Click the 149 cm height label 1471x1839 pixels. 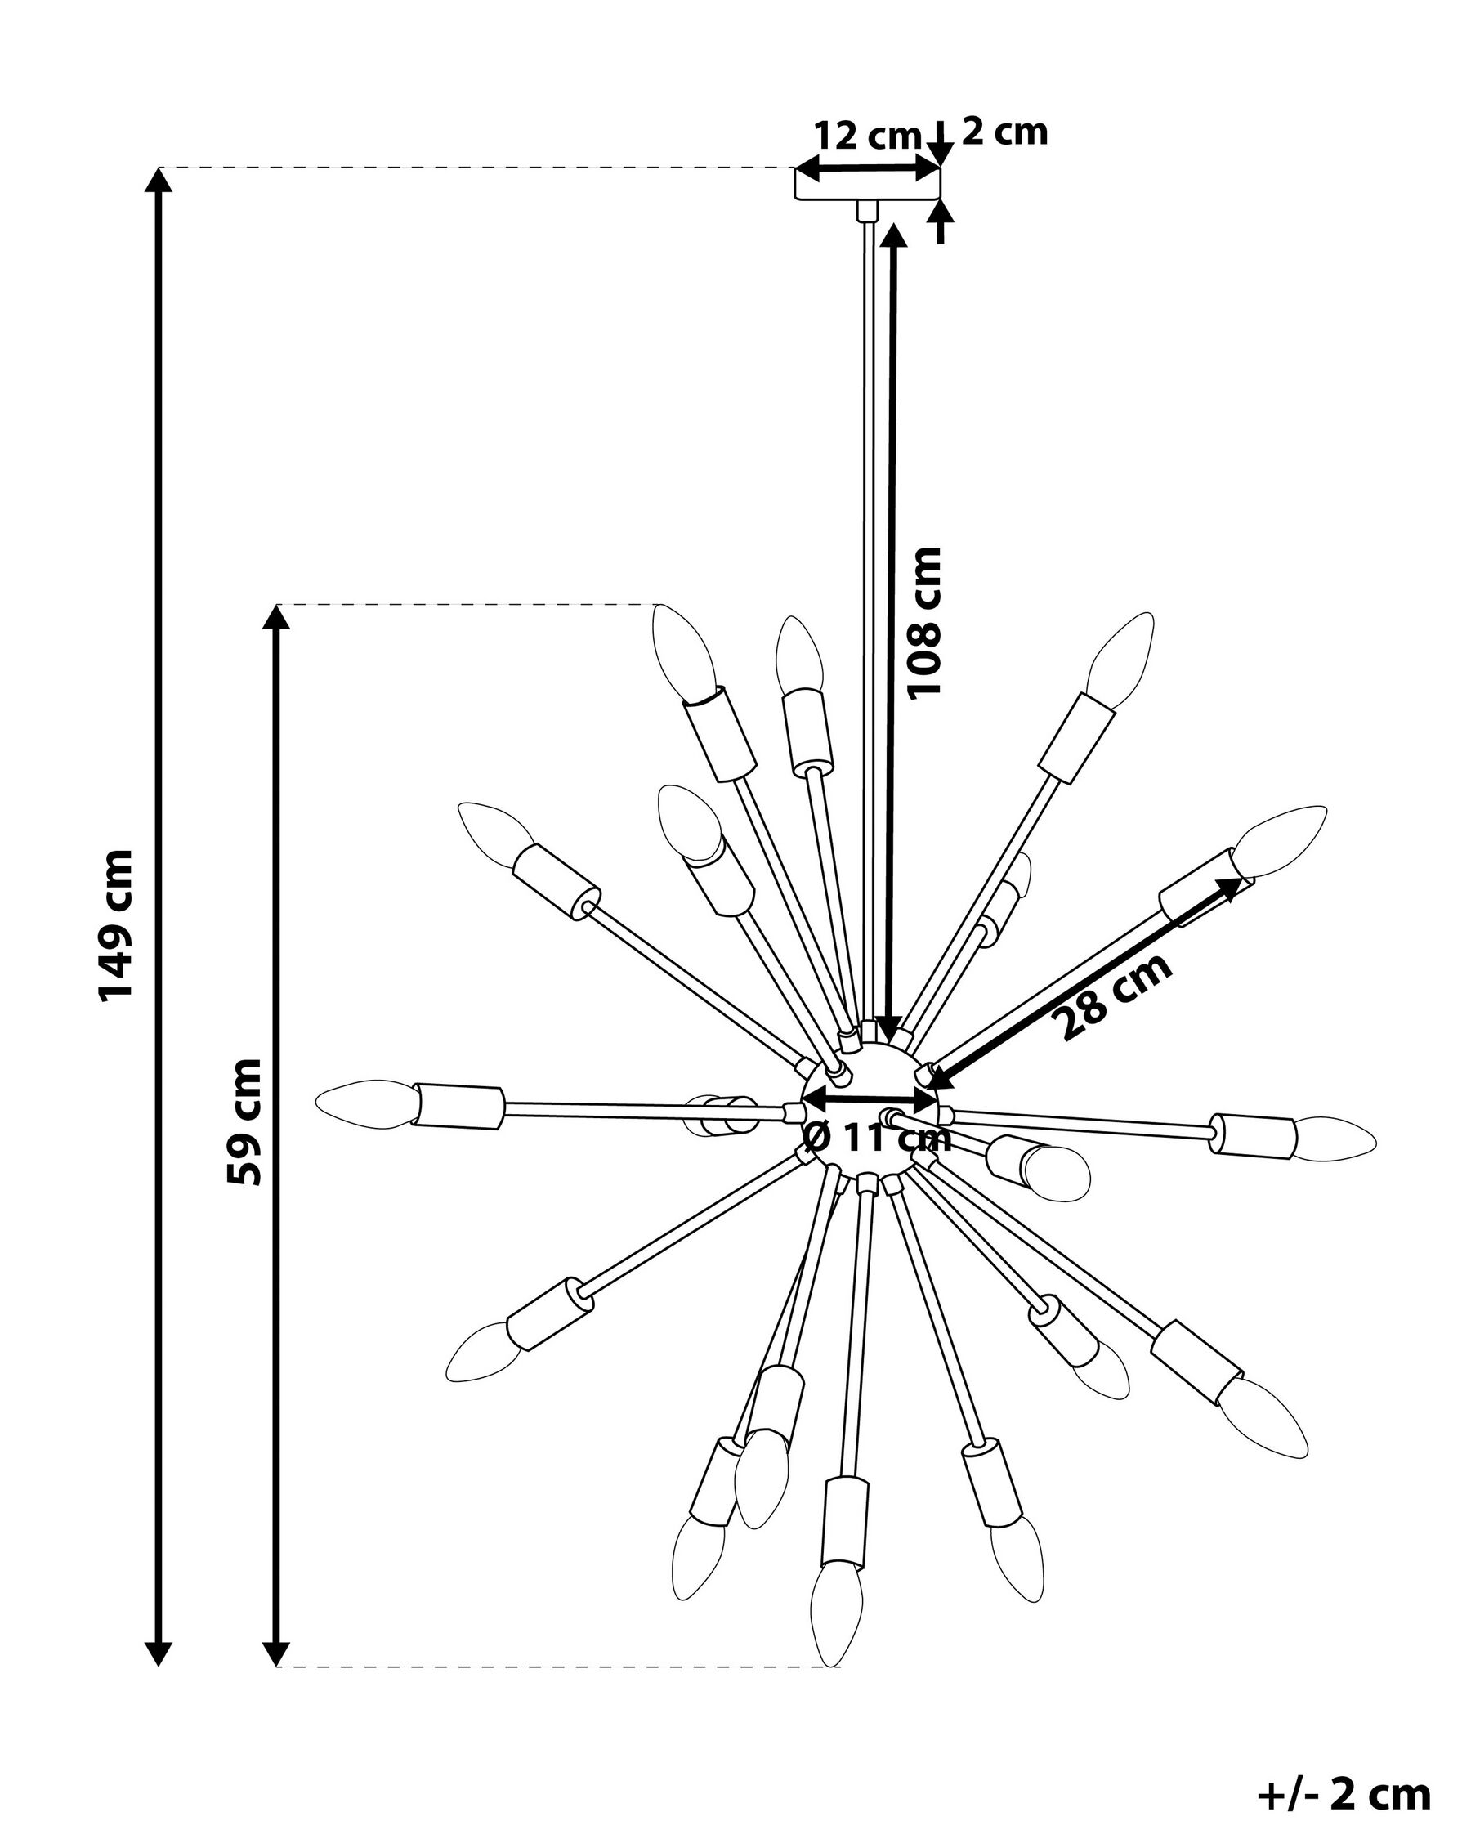pyautogui.click(x=115, y=924)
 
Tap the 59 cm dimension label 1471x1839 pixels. pyautogui.click(x=243, y=1121)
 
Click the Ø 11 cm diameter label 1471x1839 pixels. pyautogui.click(x=877, y=1137)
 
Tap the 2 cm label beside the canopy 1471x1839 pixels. pyautogui.click(x=1004, y=132)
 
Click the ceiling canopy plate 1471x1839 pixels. pyautogui.click(x=867, y=183)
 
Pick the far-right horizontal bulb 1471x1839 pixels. pyautogui.click(x=1335, y=1138)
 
